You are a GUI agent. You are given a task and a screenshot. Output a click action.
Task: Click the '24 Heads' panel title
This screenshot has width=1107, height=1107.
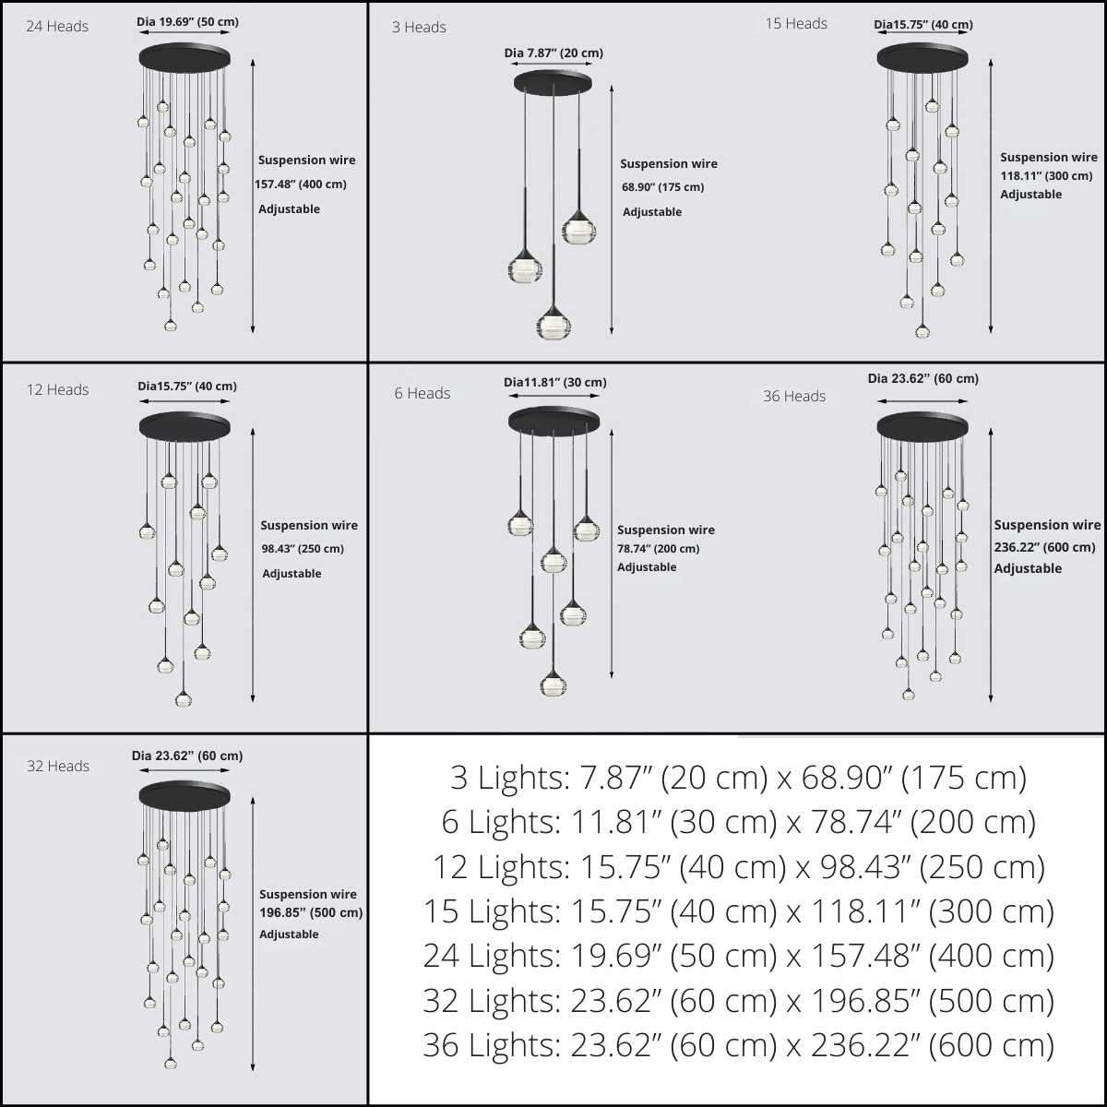[57, 27]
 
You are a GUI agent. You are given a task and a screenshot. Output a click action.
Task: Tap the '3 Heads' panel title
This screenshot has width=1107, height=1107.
[419, 28]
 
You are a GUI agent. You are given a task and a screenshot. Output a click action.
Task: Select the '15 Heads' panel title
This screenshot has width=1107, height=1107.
[796, 24]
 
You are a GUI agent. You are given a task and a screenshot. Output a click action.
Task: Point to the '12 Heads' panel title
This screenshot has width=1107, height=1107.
[57, 390]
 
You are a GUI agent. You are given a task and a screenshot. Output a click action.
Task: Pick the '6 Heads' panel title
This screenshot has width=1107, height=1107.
[423, 394]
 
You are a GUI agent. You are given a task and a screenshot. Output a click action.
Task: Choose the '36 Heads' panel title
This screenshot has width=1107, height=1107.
[794, 397]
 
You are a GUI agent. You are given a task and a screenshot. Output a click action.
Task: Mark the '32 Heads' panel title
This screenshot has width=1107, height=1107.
[58, 767]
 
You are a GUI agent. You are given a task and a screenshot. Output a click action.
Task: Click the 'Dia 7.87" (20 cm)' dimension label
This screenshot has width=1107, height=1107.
[553, 54]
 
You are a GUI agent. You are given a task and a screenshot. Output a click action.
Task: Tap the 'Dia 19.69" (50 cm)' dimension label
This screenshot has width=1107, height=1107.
[187, 22]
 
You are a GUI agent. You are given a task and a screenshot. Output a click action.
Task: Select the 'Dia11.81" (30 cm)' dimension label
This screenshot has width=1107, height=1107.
[555, 383]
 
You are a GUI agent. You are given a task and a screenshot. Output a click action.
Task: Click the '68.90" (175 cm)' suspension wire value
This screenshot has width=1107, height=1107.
[662, 187]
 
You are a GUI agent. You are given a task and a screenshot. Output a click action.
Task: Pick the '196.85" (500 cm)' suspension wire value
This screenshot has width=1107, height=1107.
[311, 913]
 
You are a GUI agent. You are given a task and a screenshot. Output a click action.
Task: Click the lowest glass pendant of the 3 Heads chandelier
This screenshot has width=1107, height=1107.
[553, 326]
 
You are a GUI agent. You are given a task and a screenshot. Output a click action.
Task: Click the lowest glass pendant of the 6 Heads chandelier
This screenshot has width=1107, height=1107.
[553, 684]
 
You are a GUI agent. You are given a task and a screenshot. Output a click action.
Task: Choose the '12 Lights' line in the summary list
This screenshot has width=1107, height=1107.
[738, 867]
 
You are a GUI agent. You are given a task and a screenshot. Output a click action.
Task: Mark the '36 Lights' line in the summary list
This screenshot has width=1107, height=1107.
[738, 1045]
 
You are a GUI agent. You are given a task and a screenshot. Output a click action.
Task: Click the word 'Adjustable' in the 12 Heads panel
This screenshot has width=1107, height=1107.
[292, 574]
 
